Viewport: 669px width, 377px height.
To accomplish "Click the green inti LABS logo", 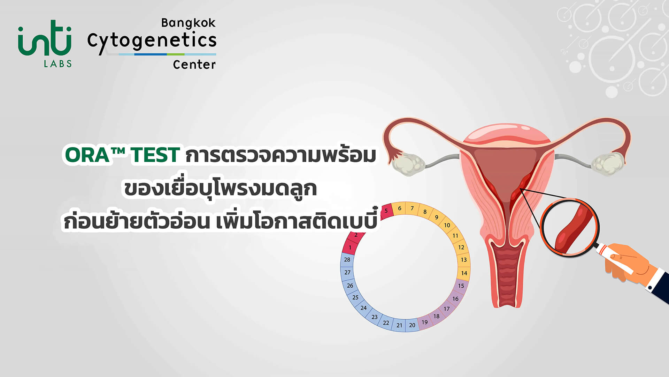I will point(45,43).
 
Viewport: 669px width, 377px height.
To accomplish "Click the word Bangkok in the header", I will point(188,23).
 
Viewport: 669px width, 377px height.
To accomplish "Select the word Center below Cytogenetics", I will point(194,65).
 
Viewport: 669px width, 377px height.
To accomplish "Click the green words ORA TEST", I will point(122,155).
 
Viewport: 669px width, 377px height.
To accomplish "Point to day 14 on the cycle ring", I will point(464,273).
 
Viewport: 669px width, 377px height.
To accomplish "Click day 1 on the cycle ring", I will point(350,247).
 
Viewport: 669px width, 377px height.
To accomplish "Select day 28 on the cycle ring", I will point(347,260).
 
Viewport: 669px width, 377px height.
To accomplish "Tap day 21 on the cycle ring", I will point(399,325).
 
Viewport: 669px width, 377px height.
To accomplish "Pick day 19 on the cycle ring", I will point(424,322).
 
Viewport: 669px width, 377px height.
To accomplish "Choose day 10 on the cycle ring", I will point(447,225).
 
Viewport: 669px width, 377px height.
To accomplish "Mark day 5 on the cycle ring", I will point(386,211).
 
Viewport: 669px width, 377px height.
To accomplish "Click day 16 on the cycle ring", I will point(455,299).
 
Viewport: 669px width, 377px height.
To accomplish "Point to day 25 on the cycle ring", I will point(355,297).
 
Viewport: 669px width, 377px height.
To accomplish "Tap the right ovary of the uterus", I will point(608,163).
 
